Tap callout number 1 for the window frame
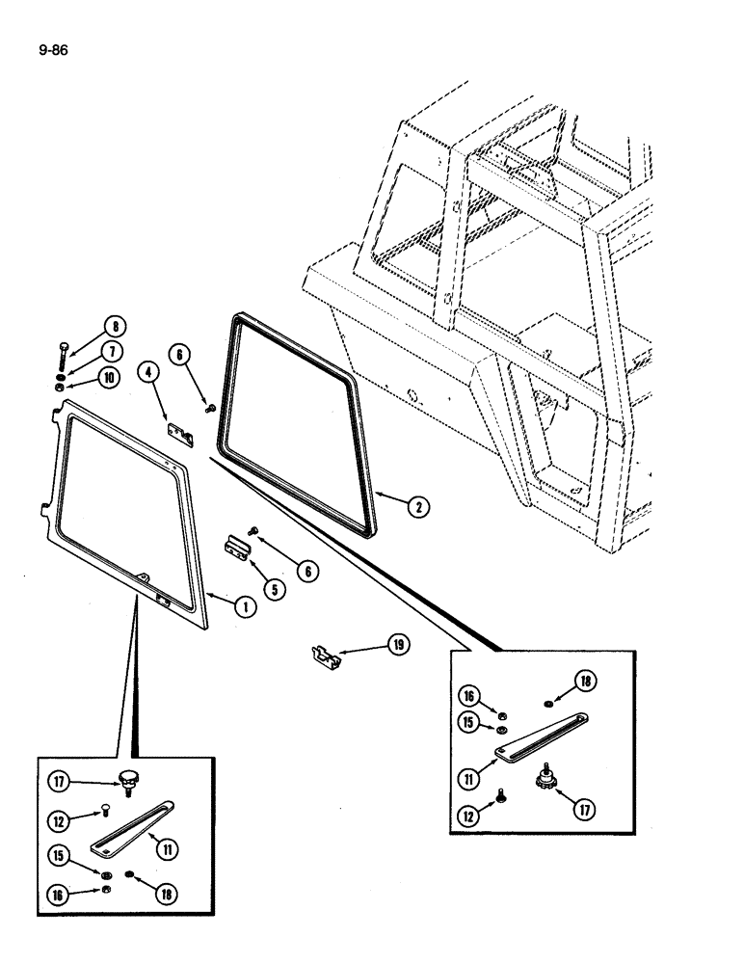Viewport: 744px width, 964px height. [x=246, y=605]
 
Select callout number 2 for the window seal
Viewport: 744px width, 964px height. [x=414, y=504]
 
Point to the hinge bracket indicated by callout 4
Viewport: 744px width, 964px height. [x=181, y=436]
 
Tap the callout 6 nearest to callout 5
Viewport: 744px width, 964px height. [x=307, y=571]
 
